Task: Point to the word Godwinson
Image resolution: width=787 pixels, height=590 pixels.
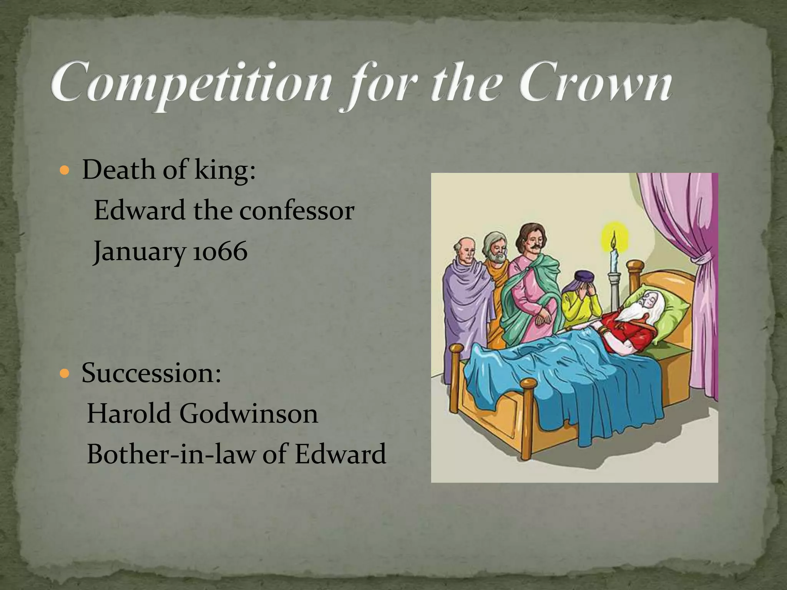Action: point(248,414)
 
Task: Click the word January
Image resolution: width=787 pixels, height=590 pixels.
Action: point(138,252)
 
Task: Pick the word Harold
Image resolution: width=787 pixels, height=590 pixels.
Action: point(129,414)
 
